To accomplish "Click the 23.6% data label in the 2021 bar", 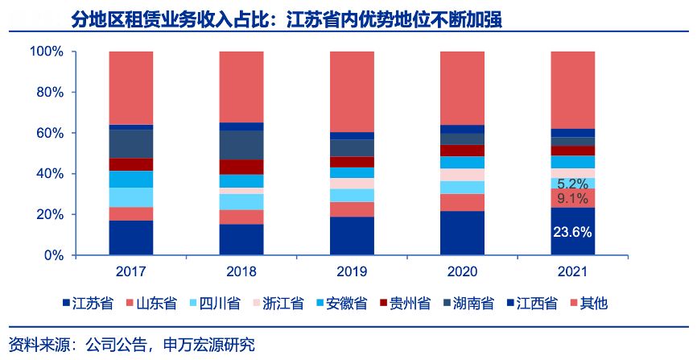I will pyautogui.click(x=572, y=233).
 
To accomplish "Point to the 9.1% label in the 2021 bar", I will pyautogui.click(x=572, y=198).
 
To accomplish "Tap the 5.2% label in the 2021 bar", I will pyautogui.click(x=572, y=184).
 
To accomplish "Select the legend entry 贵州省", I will pyautogui.click(x=406, y=304).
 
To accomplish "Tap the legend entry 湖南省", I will pyautogui.click(x=468, y=304).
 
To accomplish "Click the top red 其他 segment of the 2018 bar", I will pyautogui.click(x=241, y=87).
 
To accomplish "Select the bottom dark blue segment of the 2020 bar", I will pyautogui.click(x=462, y=233).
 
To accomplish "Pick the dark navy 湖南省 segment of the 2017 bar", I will pyautogui.click(x=130, y=143).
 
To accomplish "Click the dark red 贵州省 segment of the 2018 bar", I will pyautogui.click(x=241, y=167).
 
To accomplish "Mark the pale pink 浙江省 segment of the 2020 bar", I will pyautogui.click(x=462, y=175).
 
